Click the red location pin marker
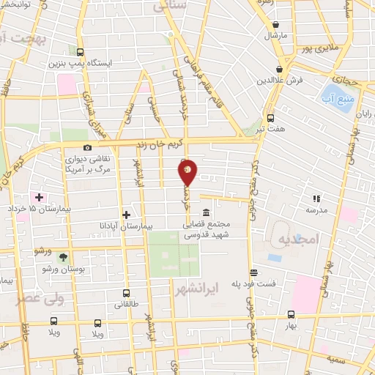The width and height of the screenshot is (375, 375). pos(187,173)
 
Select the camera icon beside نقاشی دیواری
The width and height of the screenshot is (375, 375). pos(88,148)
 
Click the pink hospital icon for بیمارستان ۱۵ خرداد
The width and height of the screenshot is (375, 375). pos(39,198)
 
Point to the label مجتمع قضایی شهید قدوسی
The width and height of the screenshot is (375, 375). pos(227,229)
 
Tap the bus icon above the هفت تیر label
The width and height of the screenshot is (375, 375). pos(270,117)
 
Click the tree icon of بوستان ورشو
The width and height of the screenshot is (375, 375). pos(62,257)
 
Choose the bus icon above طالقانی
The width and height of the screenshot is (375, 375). pos(126,292)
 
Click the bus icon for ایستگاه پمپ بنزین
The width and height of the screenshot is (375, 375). pos(80,51)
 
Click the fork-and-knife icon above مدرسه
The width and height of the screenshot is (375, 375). pos(316,198)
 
